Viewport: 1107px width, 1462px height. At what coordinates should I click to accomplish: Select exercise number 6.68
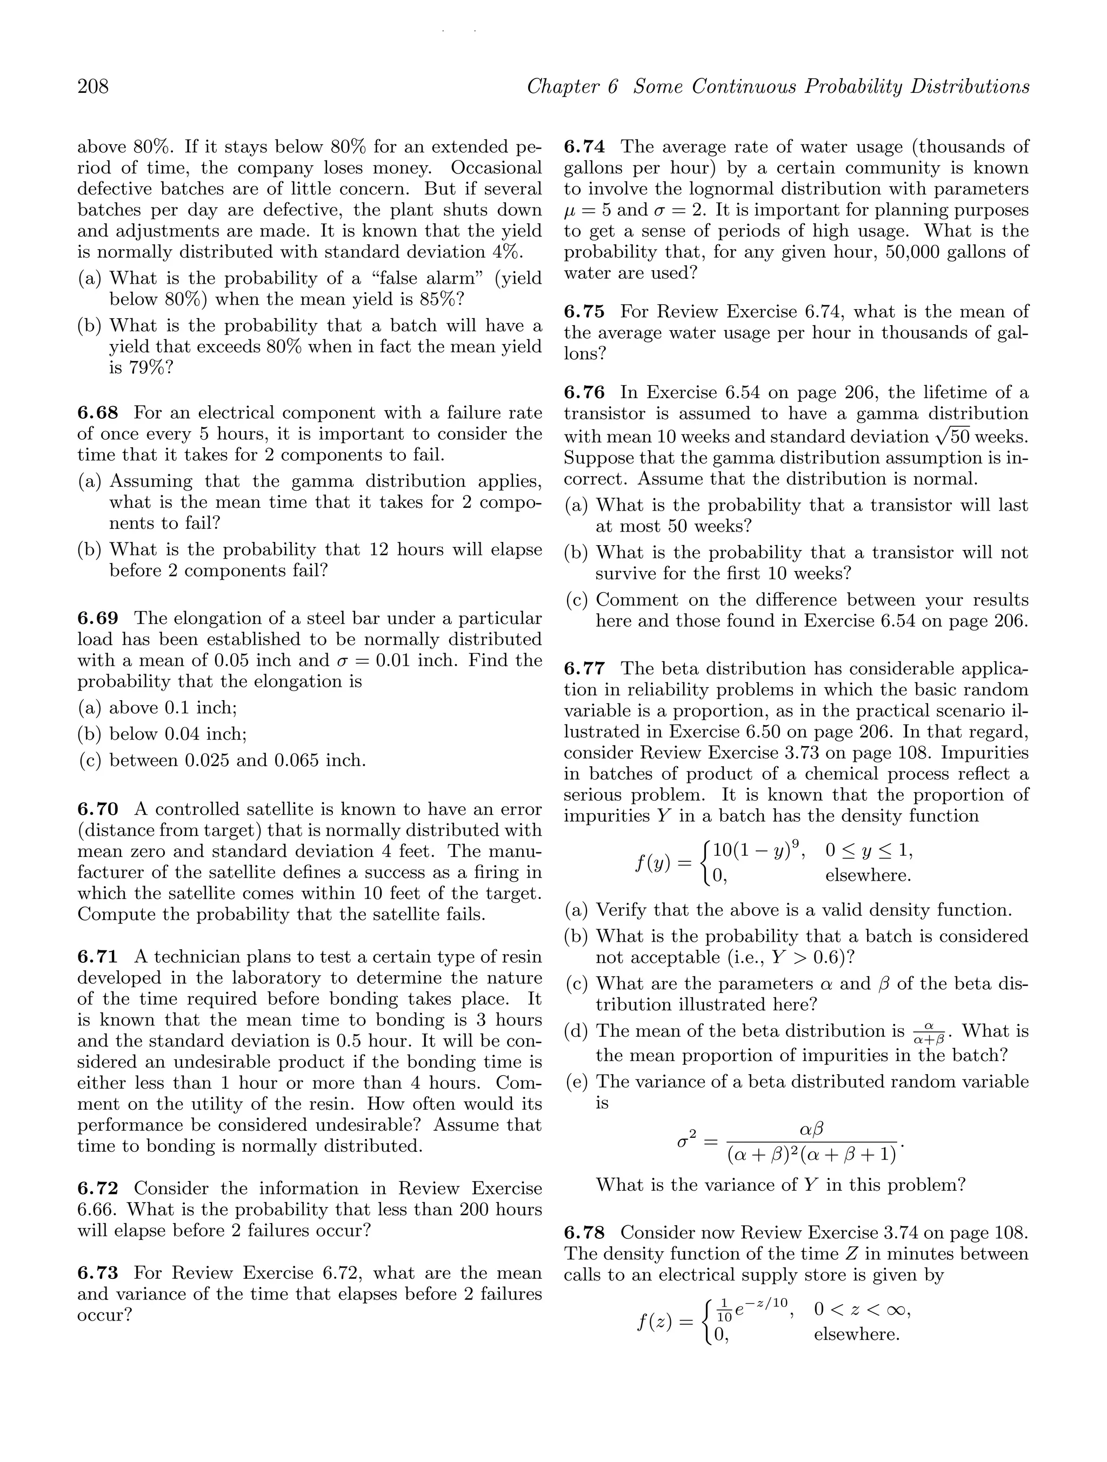click(98, 413)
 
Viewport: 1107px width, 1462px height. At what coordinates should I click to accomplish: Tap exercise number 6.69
click(98, 618)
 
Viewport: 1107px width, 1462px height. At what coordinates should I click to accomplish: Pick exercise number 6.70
click(98, 809)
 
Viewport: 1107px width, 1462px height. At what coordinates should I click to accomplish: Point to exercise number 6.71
click(98, 956)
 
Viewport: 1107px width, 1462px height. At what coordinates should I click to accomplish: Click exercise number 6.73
click(98, 1272)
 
